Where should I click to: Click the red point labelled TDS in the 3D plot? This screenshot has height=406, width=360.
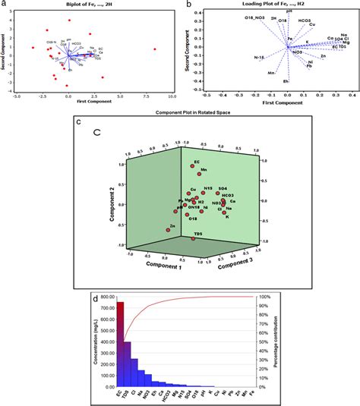coord(194,239)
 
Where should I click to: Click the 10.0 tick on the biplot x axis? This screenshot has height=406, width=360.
coord(172,96)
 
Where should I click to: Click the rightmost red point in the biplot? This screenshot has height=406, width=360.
coord(154,50)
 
